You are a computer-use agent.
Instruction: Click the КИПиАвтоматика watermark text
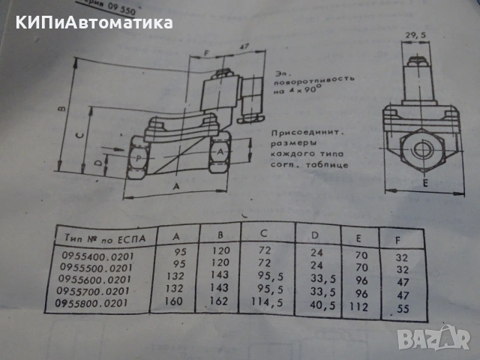coord(92,22)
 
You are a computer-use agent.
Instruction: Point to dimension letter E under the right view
coord(424,183)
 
